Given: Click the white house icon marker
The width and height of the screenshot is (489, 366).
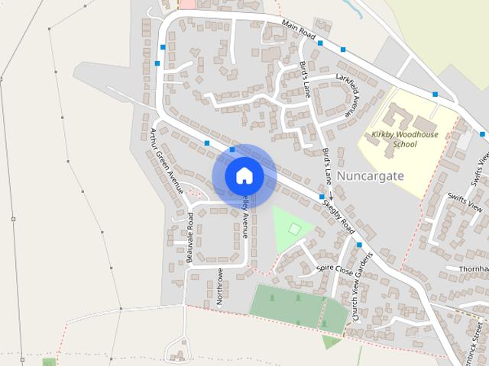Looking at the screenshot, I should (x=244, y=176).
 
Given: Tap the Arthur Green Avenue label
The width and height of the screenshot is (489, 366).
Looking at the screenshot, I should (x=167, y=161).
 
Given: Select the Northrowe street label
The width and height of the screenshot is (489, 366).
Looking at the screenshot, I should (x=219, y=287).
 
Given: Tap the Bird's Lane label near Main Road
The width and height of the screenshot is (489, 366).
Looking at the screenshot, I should (x=304, y=79).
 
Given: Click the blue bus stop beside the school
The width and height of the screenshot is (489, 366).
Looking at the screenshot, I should (x=435, y=94).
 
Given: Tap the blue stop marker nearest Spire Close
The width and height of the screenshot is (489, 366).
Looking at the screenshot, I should (x=358, y=245).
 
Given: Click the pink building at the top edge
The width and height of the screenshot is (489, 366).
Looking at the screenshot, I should (x=186, y=4).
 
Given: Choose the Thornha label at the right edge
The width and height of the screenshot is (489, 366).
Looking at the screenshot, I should (x=473, y=269).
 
